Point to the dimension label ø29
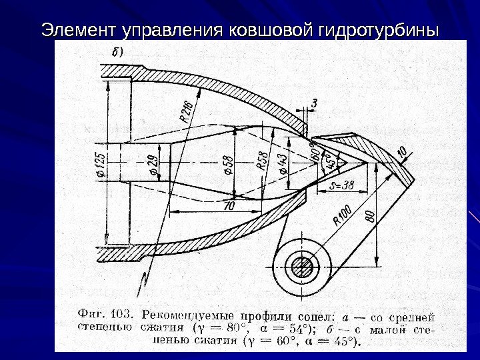[x=153, y=164]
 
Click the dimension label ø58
[x=229, y=165]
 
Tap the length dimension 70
[x=229, y=207]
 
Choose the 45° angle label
[x=328, y=162]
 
